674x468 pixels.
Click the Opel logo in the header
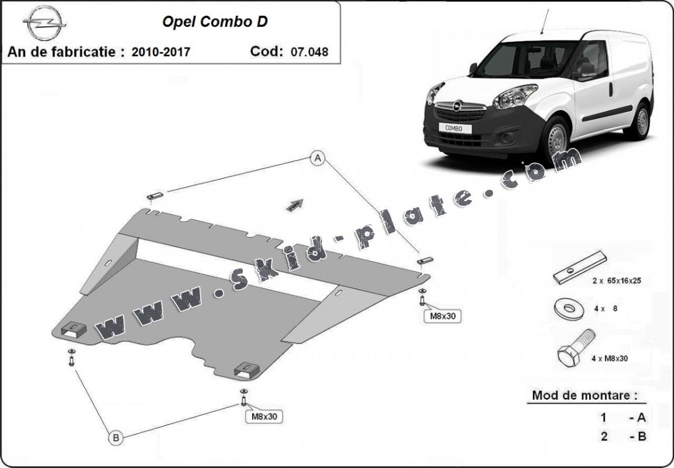44,23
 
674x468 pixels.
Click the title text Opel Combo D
215,22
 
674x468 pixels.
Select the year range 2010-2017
161,52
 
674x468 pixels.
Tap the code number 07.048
309,52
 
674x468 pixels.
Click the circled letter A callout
317,158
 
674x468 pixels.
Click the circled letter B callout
115,436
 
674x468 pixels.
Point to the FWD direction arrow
295,203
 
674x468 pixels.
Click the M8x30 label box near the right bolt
442,316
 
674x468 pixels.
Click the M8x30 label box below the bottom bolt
264,417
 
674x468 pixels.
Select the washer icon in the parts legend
565,310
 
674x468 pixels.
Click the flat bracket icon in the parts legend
579,267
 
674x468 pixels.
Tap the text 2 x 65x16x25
617,280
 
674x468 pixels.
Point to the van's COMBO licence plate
454,127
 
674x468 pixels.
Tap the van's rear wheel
642,122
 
